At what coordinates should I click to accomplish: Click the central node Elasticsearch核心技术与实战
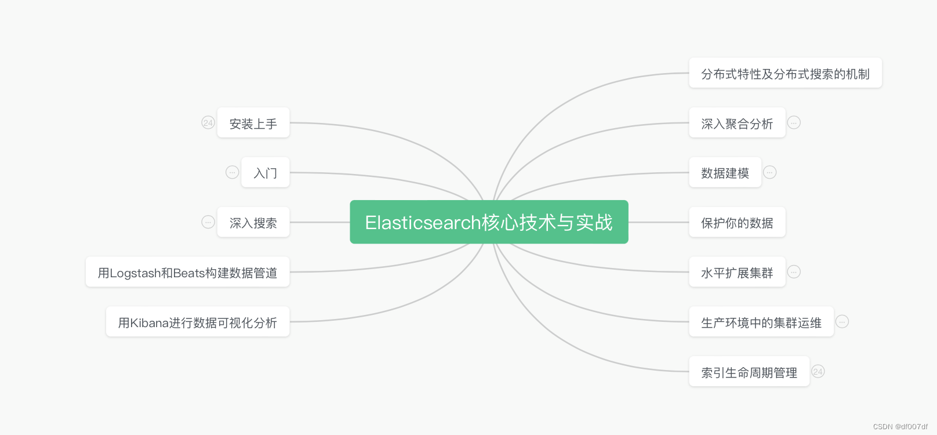[489, 222]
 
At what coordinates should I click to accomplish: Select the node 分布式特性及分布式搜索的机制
[785, 74]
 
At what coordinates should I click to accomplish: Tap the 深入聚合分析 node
[736, 123]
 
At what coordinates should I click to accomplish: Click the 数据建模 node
[725, 173]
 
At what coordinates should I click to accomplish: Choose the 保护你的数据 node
[736, 223]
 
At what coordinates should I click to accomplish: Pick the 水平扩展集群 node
[736, 273]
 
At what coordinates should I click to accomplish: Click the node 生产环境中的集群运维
[761, 322]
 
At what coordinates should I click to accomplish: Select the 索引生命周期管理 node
[749, 372]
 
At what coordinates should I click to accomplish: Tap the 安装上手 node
[253, 123]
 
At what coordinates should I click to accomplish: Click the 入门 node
[266, 173]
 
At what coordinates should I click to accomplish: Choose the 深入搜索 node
[253, 223]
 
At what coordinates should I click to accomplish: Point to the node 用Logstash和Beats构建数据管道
[187, 273]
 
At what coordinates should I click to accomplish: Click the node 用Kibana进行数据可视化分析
[197, 322]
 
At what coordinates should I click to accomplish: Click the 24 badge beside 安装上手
[208, 122]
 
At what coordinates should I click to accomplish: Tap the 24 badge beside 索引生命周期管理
[818, 371]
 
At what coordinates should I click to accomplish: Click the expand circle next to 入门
[232, 172]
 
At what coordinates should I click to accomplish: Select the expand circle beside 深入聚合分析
[794, 122]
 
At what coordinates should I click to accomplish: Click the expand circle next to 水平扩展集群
[794, 271]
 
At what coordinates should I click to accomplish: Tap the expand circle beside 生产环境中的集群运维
[842, 321]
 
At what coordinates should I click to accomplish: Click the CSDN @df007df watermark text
[900, 426]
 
